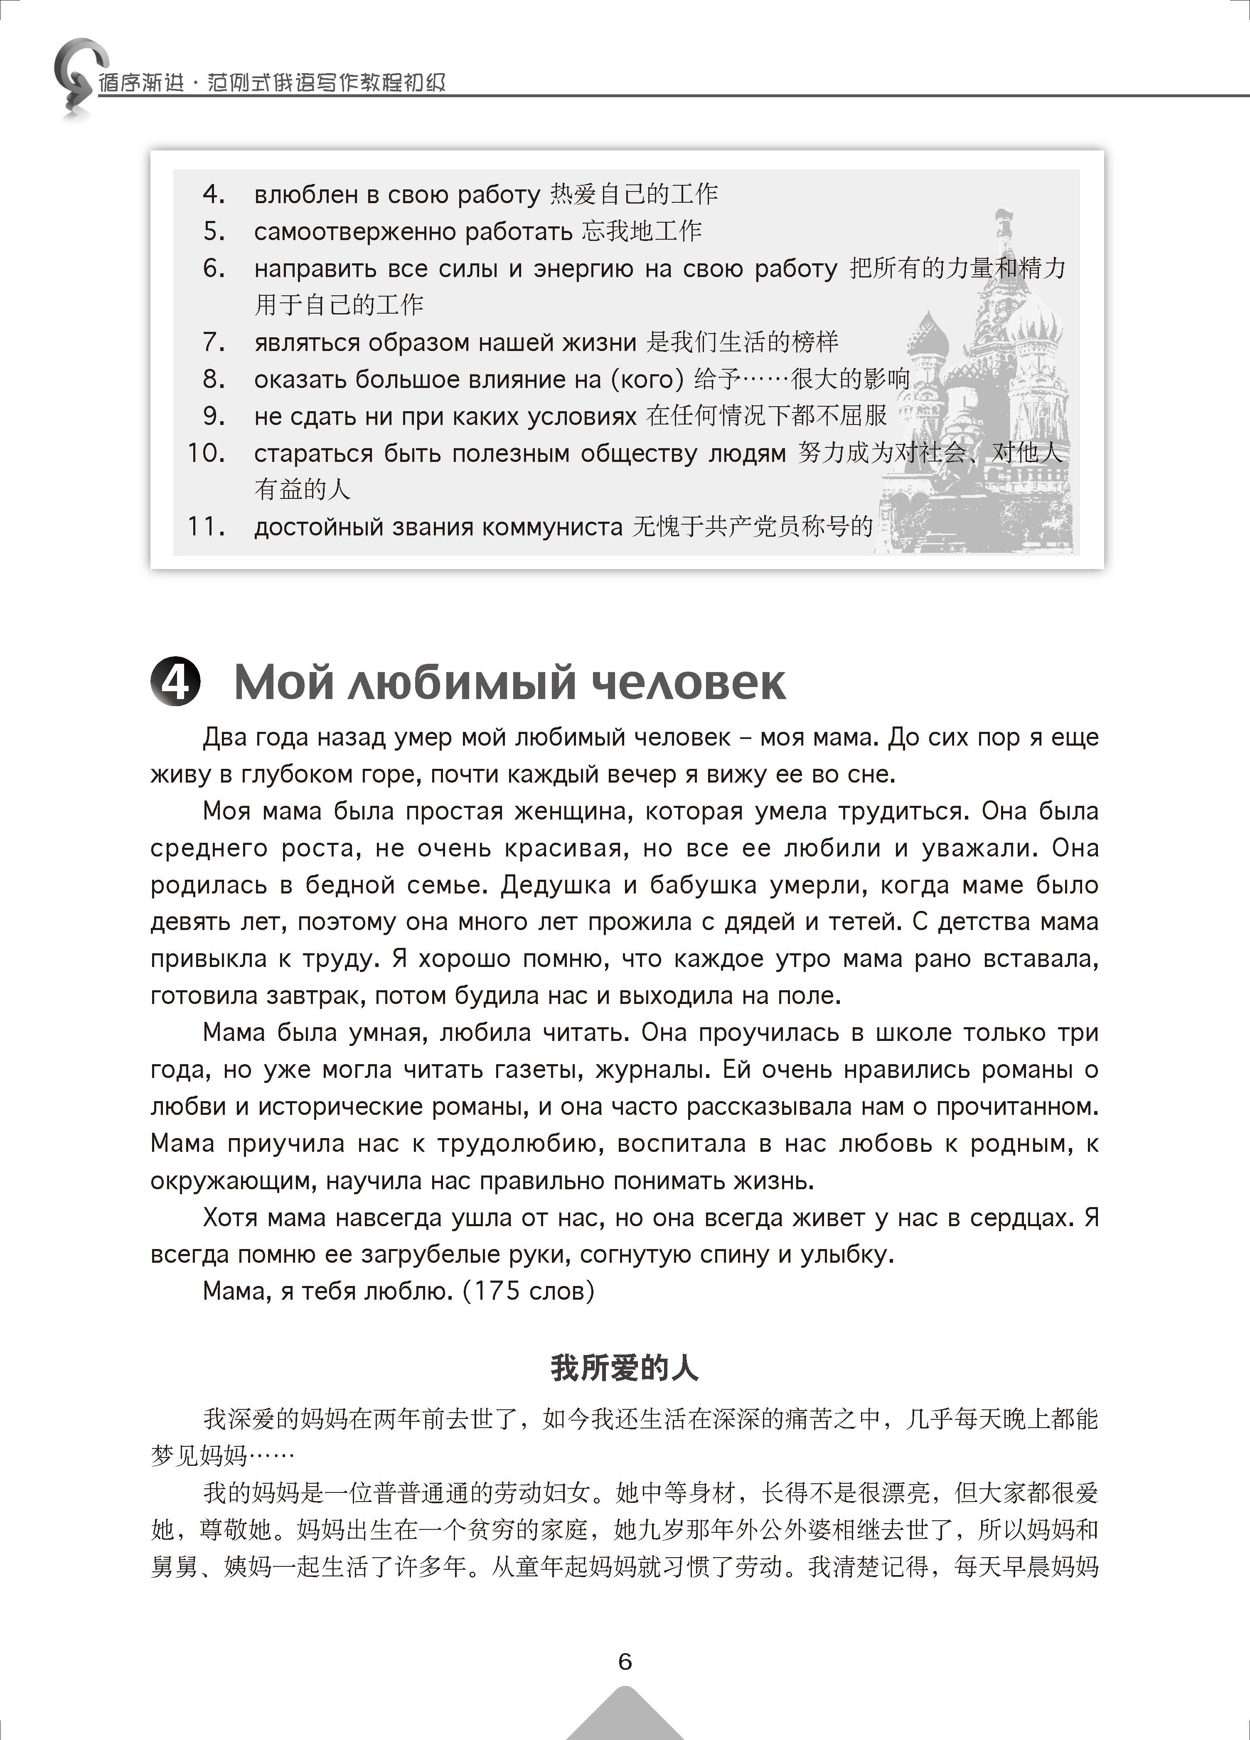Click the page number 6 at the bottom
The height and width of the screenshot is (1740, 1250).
click(x=625, y=1661)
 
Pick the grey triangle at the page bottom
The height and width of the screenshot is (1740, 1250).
click(x=625, y=1715)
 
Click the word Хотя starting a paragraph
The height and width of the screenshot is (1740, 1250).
click(x=230, y=1217)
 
